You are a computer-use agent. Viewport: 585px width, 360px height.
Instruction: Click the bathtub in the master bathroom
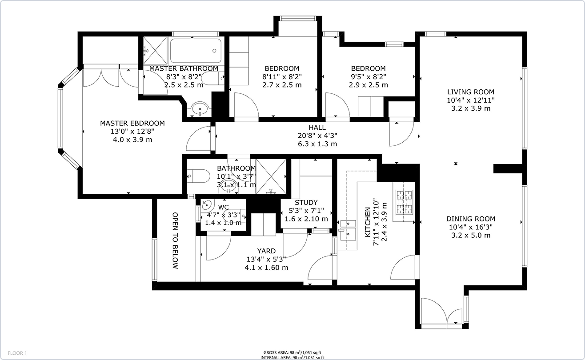click(196, 51)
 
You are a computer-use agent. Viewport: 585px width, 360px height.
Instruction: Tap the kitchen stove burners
click(404, 202)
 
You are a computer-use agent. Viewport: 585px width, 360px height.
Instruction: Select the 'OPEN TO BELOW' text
click(175, 240)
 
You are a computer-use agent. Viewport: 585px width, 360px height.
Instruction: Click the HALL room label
click(317, 128)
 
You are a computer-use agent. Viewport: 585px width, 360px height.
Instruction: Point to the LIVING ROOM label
click(471, 92)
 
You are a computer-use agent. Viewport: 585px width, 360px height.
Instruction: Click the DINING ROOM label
click(471, 219)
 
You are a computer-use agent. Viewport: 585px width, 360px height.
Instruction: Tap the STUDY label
click(306, 203)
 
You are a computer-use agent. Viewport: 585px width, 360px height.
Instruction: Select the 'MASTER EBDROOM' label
click(132, 123)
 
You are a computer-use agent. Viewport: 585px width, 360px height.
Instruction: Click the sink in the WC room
click(207, 205)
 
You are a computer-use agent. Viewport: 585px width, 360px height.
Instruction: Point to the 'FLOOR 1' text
click(17, 353)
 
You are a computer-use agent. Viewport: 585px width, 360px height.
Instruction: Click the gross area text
click(292, 353)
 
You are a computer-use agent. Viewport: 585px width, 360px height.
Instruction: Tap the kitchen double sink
click(348, 231)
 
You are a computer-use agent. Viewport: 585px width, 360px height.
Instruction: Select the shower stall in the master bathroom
click(155, 50)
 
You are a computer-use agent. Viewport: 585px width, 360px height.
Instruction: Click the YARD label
click(266, 251)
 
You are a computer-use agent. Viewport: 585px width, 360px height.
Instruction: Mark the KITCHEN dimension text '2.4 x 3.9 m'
click(384, 222)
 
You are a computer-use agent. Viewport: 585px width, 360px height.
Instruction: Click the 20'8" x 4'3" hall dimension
click(317, 136)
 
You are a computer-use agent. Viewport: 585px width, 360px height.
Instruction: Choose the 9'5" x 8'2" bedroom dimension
click(369, 77)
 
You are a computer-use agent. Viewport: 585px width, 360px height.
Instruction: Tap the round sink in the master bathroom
click(200, 108)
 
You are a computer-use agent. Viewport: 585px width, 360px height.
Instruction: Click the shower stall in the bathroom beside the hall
click(271, 176)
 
